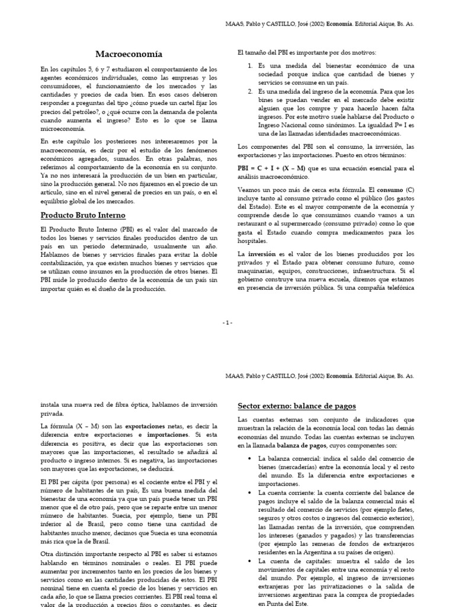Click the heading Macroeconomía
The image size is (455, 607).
[x=129, y=54]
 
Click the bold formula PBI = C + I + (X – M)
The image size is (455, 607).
[x=270, y=168]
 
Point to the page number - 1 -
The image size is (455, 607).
[x=227, y=322]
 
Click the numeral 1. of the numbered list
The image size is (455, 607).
[x=250, y=65]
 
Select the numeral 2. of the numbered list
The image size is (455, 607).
[x=250, y=92]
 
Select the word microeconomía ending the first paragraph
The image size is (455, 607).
[x=63, y=129]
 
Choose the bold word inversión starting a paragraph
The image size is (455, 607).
[x=262, y=254]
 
